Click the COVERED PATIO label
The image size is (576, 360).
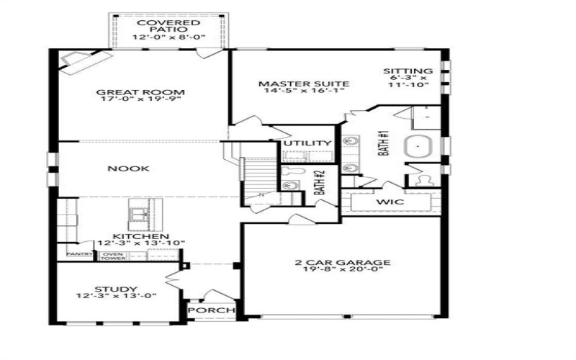[168, 27]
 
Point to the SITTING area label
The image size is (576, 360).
[407, 72]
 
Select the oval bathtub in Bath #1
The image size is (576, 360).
[419, 147]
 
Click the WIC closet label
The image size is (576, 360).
[388, 202]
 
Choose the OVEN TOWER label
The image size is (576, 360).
[111, 256]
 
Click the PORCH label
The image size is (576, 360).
[212, 310]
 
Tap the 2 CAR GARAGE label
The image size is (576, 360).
[342, 262]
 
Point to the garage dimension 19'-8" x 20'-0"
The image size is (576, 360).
[342, 271]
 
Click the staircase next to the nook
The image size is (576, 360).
[258, 178]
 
